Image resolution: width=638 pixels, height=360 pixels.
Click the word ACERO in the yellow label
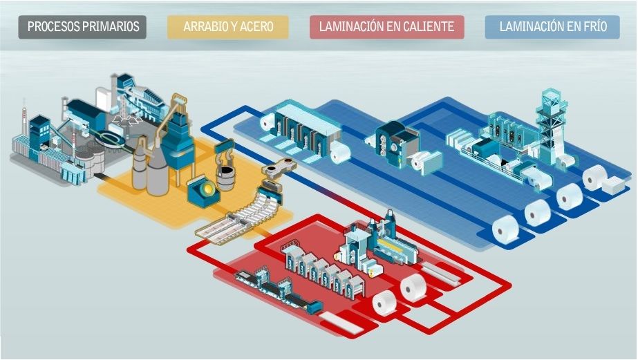[257, 28]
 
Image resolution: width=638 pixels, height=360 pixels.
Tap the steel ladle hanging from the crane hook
[226, 178]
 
